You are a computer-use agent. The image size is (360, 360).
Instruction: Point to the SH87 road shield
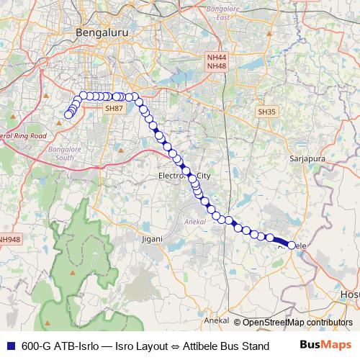114,108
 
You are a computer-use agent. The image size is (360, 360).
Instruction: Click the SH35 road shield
266,112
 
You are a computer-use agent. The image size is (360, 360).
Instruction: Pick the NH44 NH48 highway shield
217,61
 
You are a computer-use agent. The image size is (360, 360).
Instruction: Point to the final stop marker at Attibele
292,246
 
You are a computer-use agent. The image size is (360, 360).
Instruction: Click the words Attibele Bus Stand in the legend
227,346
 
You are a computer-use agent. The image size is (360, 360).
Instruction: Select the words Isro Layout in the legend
140,346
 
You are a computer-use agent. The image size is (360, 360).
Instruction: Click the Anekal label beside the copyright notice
217,320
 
